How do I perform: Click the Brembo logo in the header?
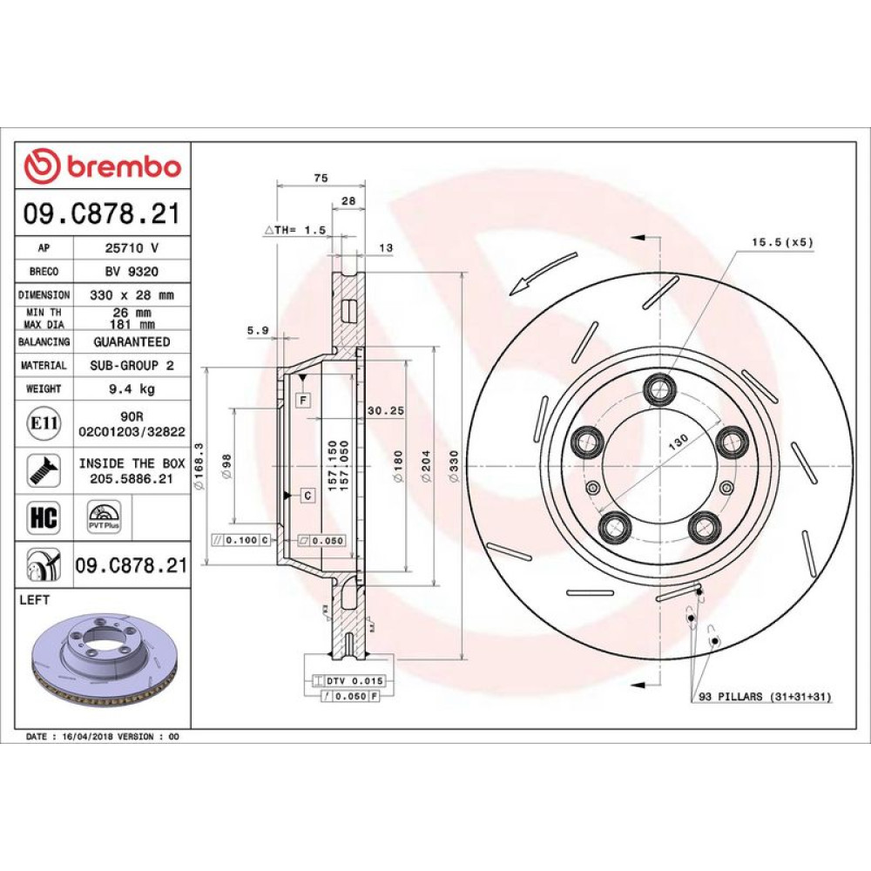click(102, 165)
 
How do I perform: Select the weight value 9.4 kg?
click(132, 388)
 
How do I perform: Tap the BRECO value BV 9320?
click(132, 271)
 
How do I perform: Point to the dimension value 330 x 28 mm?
click(132, 295)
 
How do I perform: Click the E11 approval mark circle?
click(44, 423)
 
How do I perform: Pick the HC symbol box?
click(44, 517)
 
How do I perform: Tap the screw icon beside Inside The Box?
click(44, 470)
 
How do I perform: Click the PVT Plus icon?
click(104, 517)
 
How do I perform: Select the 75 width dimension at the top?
click(321, 178)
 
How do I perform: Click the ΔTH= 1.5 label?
click(295, 229)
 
